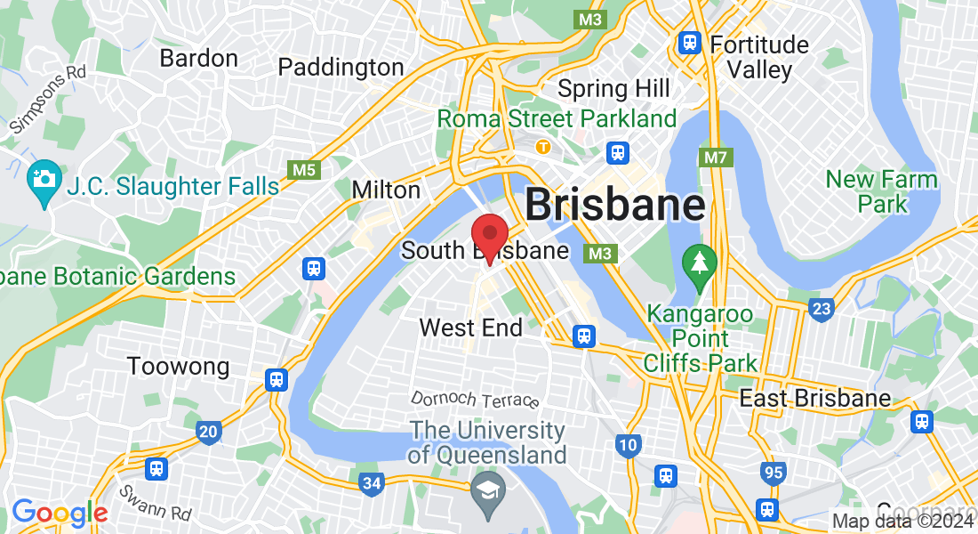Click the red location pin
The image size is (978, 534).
coord(489,237)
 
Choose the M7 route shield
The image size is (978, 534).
coord(716,158)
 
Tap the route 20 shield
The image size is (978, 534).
coord(208,433)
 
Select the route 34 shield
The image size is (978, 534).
coord(372,484)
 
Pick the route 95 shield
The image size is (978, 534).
coord(773,473)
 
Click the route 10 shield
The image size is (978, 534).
coord(629,444)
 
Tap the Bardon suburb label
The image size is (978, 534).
coord(198,59)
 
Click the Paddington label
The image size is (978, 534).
coord(341,67)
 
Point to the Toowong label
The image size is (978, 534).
coord(178,366)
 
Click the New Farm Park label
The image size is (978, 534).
coord(881,191)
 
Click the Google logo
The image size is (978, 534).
coord(60,513)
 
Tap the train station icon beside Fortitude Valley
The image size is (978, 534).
coord(688,43)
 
